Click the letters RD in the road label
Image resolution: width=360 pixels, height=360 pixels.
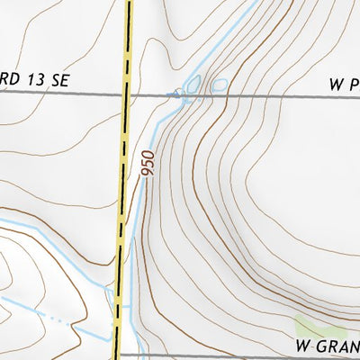click(8, 80)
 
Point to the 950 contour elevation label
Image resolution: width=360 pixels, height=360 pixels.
click(148, 163)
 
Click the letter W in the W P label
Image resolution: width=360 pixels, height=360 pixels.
click(336, 85)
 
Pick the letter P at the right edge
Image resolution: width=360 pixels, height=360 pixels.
click(354, 85)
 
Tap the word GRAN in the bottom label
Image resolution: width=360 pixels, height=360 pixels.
click(339, 345)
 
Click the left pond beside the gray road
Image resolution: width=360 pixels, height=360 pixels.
click(191, 85)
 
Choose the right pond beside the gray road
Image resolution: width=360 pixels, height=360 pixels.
click(218, 86)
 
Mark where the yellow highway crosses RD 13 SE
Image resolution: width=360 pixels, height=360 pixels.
click(128, 94)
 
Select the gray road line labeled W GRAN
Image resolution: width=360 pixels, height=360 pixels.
click(225, 355)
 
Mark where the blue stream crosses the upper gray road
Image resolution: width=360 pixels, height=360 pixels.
click(170, 94)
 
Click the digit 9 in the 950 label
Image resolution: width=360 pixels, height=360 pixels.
click(148, 173)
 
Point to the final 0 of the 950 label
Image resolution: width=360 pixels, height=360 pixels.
click(148, 154)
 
